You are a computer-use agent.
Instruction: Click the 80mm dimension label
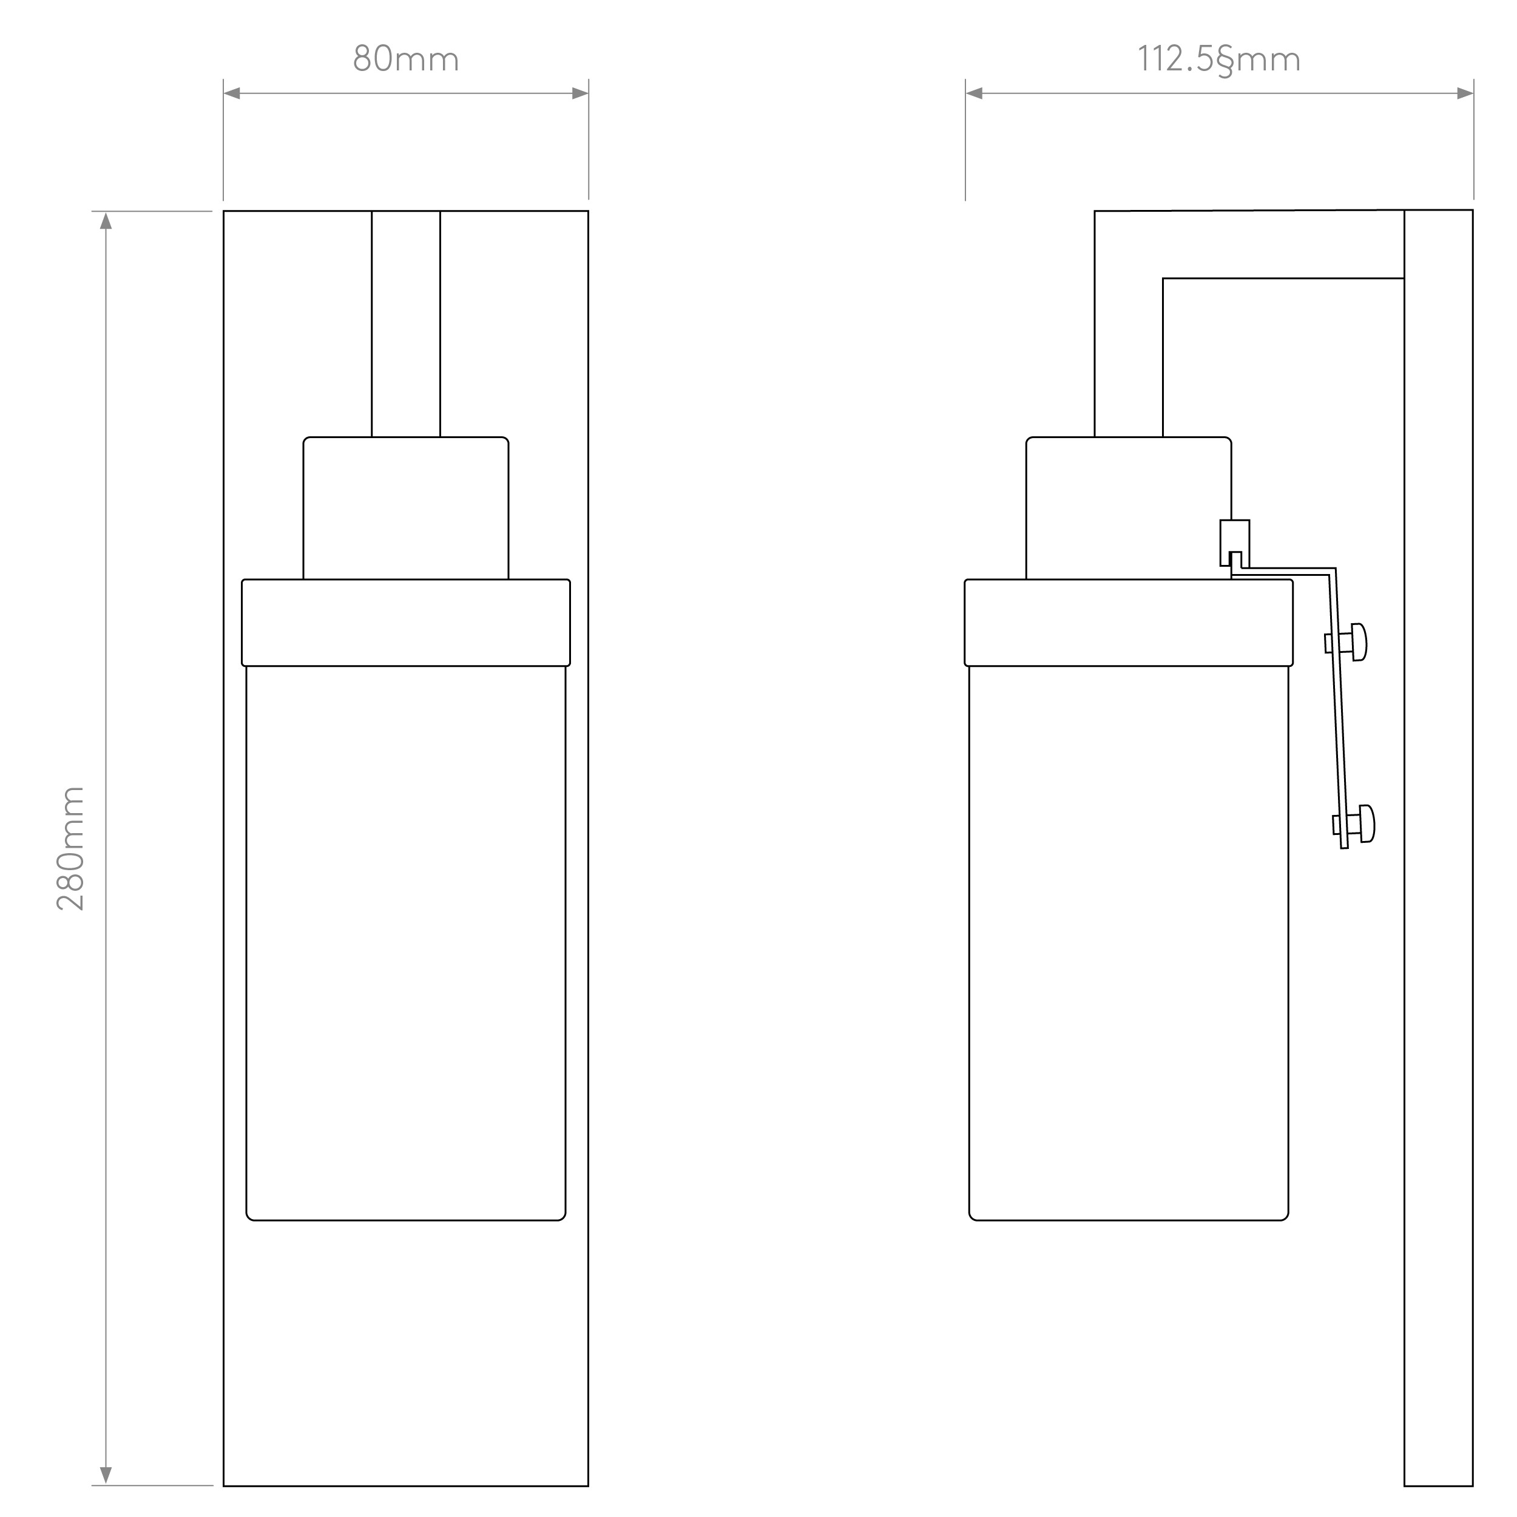[406, 59]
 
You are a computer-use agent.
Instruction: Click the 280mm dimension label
[70, 848]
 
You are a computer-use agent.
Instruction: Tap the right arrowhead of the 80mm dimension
[580, 93]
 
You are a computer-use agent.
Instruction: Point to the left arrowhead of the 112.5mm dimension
[975, 93]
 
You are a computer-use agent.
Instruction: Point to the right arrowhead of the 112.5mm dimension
[1465, 93]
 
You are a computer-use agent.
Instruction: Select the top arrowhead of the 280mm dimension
[106, 220]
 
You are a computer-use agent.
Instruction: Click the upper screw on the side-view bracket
[1346, 642]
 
